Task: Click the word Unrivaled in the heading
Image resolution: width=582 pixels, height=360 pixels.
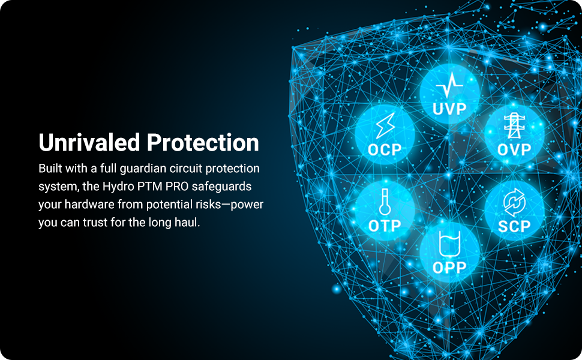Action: pos(89,143)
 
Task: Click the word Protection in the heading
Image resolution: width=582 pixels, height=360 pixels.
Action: pos(203,143)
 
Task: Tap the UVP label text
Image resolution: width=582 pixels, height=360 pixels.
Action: pos(449,109)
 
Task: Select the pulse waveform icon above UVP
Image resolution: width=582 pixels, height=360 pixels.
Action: pos(449,85)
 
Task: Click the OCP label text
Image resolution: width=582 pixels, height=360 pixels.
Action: pos(385,149)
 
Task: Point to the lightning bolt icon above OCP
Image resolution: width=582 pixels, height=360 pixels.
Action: pos(385,126)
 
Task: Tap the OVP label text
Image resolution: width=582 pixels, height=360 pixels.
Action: pos(514,149)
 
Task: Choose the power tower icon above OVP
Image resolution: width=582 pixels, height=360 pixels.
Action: pos(514,126)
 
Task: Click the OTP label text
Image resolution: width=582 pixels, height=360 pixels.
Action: pos(385,226)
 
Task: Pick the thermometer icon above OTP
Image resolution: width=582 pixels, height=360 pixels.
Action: pos(385,202)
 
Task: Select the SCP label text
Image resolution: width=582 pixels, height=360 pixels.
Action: pos(514,226)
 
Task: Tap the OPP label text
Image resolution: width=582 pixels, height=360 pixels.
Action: pos(449,267)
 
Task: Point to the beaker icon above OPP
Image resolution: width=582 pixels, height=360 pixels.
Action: pos(449,244)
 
